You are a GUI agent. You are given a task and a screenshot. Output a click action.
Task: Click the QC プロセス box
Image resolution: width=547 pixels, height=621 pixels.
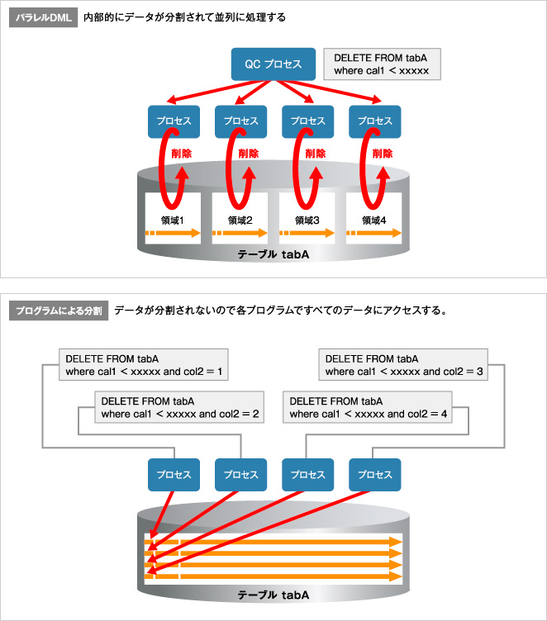273,64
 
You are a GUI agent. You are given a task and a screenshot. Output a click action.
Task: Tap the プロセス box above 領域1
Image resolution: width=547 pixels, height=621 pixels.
174,121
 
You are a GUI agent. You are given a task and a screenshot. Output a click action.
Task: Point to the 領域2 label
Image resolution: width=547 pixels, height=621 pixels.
241,220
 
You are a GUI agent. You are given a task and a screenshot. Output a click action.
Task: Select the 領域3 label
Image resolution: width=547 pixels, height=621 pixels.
308,220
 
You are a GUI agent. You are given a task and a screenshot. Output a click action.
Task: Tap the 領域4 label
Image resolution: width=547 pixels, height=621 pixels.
375,220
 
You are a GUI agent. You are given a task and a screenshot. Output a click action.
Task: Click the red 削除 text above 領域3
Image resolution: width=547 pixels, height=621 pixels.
315,154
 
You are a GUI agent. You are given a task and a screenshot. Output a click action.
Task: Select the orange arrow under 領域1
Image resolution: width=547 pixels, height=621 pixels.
174,235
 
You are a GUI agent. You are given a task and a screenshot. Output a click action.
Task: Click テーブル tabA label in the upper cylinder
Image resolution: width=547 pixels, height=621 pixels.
273,255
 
